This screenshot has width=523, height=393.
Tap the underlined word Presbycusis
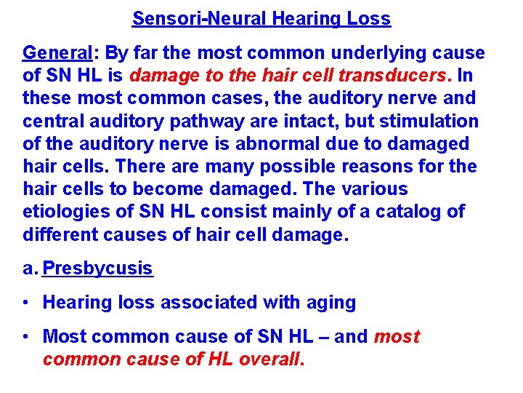tap(98, 269)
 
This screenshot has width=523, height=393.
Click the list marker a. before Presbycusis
tap(30, 269)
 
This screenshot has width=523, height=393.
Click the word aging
tap(331, 303)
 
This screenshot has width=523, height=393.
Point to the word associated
tap(223, 303)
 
